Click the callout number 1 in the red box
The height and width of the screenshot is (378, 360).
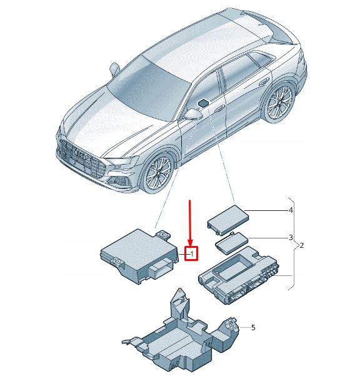192,253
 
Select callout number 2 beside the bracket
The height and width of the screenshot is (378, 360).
301,245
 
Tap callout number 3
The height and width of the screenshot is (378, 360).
290,238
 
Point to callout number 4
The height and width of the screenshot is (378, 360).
290,211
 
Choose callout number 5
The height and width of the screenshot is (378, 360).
253,327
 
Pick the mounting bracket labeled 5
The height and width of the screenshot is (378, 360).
181,335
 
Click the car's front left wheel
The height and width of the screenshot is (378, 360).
157,173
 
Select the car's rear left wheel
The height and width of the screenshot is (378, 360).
279,101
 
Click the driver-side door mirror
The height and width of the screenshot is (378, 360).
193,114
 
